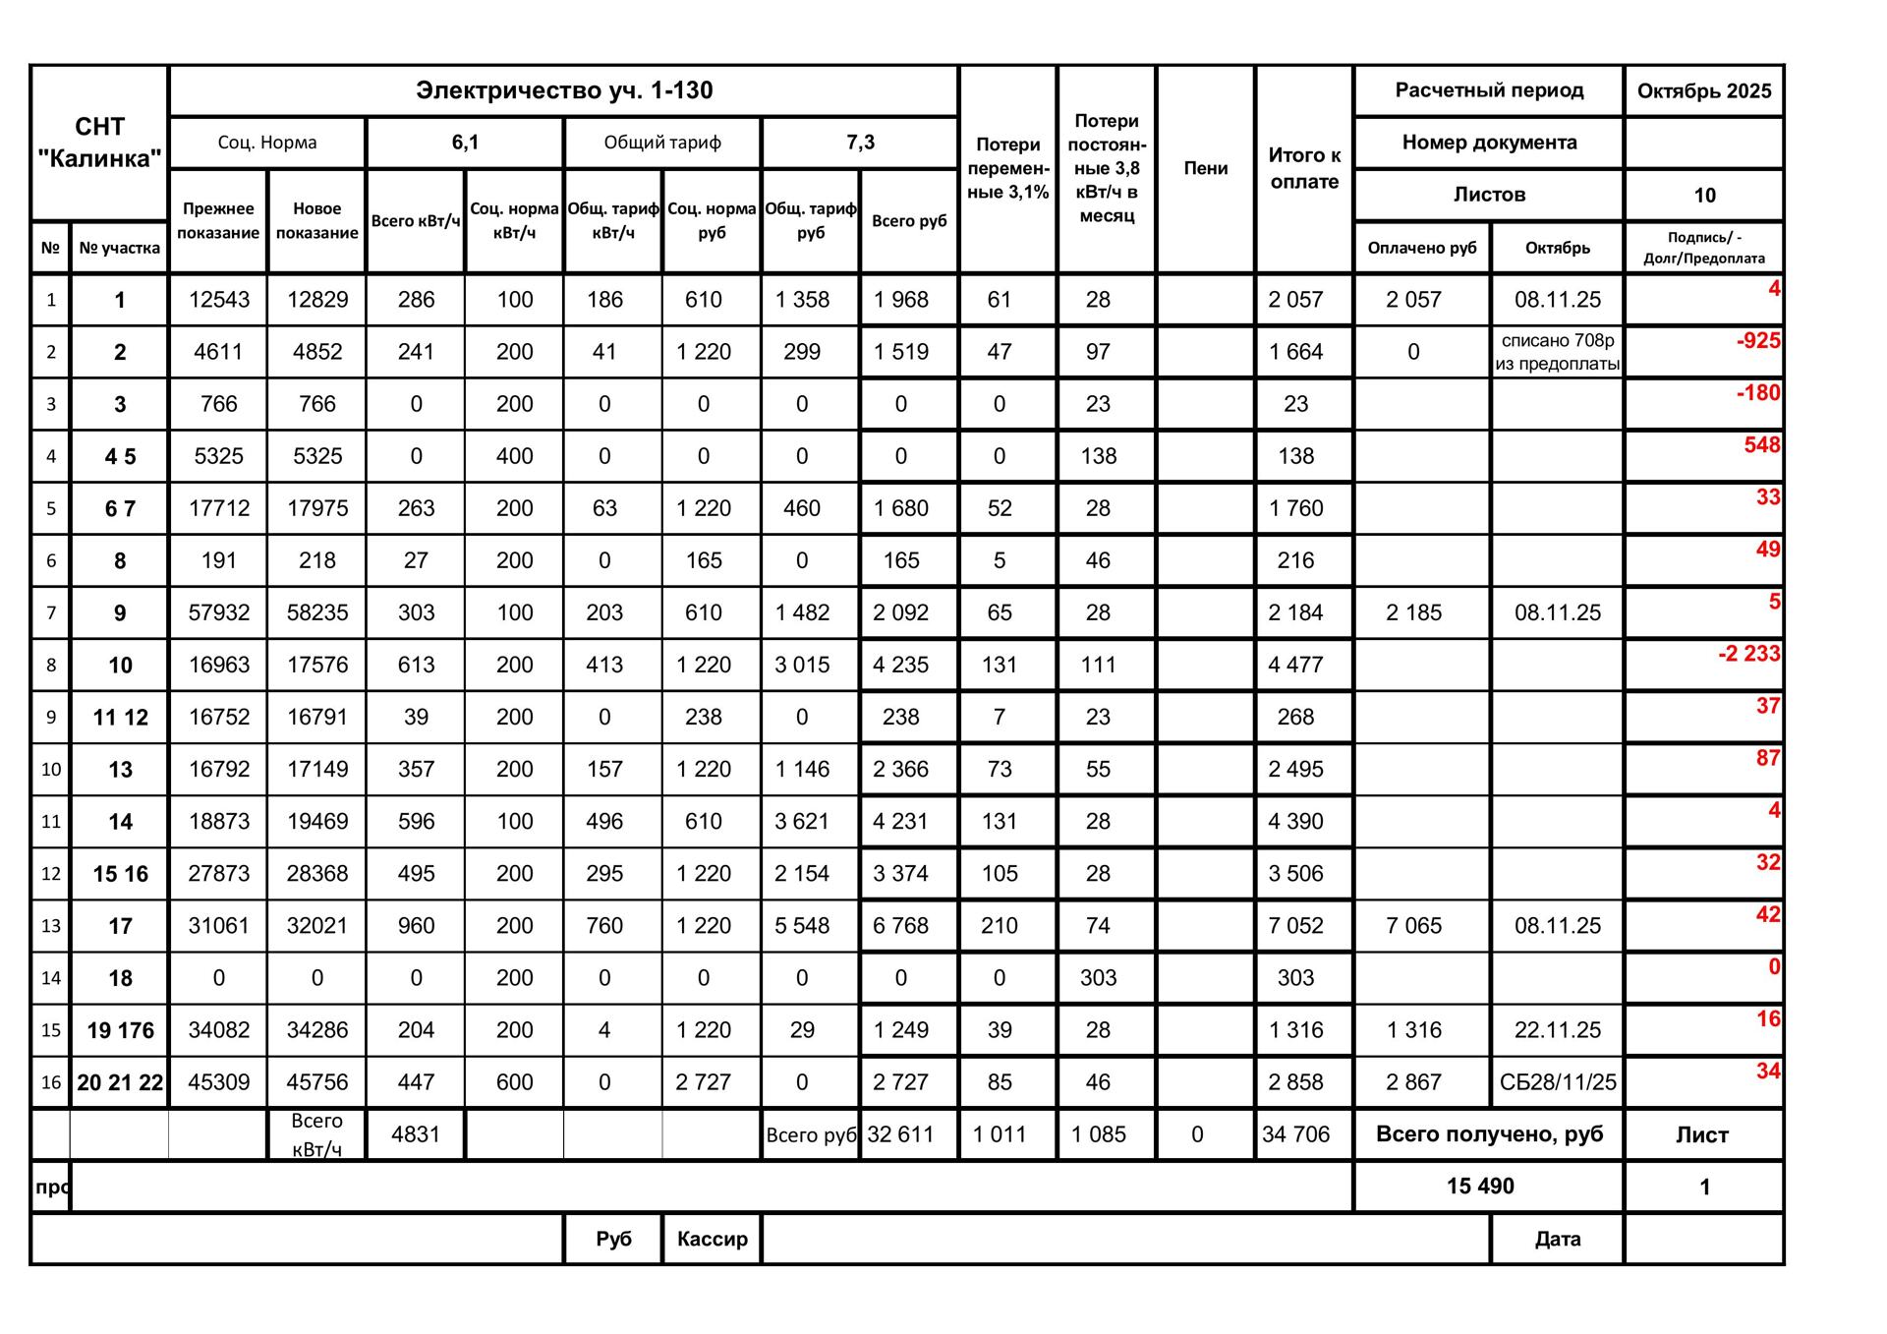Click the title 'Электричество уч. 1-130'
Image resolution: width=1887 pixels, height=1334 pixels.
click(x=564, y=90)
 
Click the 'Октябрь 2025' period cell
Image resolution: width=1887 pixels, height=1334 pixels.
click(x=1703, y=91)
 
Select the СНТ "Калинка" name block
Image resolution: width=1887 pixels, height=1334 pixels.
click(x=99, y=143)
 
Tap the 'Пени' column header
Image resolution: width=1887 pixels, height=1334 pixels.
click(x=1205, y=168)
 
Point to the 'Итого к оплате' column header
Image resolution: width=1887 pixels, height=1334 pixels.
click(x=1304, y=168)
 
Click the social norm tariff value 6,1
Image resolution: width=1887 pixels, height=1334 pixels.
click(x=465, y=143)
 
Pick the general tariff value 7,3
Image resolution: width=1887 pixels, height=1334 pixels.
click(x=860, y=143)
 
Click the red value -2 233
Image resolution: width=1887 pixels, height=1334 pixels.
click(x=1748, y=654)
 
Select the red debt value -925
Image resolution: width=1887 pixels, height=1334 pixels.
click(x=1757, y=341)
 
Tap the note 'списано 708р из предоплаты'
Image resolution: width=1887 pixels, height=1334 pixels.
click(x=1557, y=352)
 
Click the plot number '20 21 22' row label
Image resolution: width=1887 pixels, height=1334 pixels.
click(x=120, y=1082)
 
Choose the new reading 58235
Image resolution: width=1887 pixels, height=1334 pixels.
click(x=317, y=612)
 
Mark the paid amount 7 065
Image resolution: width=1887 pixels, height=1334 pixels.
click(x=1413, y=925)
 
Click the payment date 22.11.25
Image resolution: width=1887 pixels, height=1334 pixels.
click(x=1557, y=1030)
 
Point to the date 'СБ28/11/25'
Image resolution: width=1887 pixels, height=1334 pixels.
click(x=1557, y=1082)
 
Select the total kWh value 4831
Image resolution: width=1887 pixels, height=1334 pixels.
click(x=416, y=1134)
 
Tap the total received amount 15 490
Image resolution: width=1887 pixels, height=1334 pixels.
click(x=1479, y=1186)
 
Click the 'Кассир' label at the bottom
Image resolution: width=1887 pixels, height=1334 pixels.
click(x=712, y=1239)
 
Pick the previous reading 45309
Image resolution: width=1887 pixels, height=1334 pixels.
click(x=218, y=1082)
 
